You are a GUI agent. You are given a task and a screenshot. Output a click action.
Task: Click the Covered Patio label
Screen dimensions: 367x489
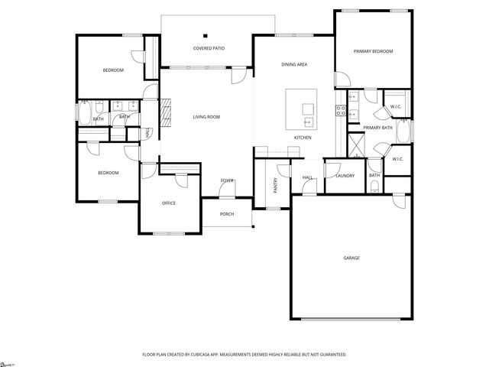208,48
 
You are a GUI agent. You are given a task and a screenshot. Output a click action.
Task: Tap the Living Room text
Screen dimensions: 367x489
206,116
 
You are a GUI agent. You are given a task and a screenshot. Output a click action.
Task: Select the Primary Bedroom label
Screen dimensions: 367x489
373,51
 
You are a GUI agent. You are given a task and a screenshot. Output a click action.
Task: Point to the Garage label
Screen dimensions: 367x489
351,258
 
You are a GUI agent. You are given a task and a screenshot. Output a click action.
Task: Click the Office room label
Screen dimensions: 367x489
169,203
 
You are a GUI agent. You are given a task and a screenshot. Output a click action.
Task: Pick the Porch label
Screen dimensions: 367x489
227,214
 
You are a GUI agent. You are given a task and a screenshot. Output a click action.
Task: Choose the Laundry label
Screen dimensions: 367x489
345,176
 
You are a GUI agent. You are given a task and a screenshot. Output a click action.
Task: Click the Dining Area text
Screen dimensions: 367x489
294,65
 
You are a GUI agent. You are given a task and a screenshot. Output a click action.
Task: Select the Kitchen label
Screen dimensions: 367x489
303,137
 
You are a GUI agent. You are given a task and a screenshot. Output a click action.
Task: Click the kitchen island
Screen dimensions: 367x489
302,109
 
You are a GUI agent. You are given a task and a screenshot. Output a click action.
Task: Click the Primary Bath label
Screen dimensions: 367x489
377,128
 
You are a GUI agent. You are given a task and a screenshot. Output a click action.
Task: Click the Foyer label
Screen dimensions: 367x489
227,180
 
